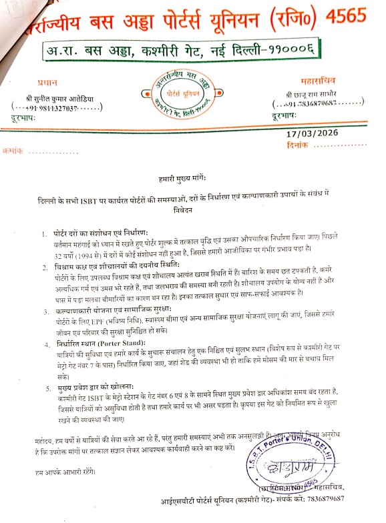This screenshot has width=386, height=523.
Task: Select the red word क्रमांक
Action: tap(12, 151)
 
